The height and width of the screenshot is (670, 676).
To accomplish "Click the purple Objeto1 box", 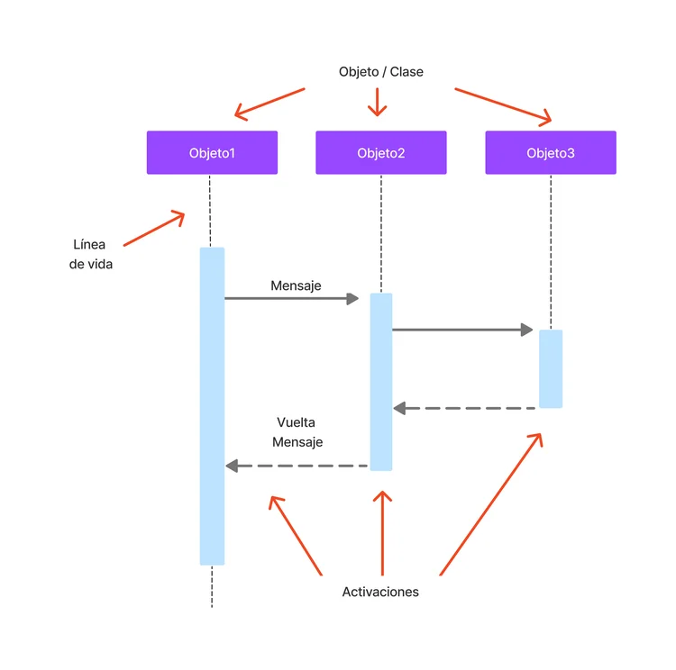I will click(212, 152).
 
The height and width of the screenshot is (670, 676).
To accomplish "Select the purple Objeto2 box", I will click(380, 152).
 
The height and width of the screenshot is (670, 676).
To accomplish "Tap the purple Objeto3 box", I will click(550, 152).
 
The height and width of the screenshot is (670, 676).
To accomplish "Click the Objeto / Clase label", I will click(380, 71).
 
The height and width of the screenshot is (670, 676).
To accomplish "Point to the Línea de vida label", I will click(90, 255).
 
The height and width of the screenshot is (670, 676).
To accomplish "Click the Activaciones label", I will click(380, 592).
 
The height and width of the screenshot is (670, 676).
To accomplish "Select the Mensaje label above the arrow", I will click(296, 285).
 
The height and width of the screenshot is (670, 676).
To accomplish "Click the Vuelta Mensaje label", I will click(297, 432).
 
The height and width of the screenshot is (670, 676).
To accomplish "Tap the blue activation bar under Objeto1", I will click(212, 405).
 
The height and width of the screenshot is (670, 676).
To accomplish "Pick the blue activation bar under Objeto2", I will click(381, 382).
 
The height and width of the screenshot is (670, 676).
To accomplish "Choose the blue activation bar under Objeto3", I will click(551, 368).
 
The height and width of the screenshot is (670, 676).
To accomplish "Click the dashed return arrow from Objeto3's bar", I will click(465, 408).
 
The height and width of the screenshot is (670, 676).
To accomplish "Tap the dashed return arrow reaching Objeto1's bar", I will click(297, 466).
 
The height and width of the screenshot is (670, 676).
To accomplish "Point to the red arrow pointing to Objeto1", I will click(269, 103).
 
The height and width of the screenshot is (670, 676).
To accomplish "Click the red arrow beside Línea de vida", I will click(153, 230).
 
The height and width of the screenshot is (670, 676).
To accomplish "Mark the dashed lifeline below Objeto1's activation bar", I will click(212, 586).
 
